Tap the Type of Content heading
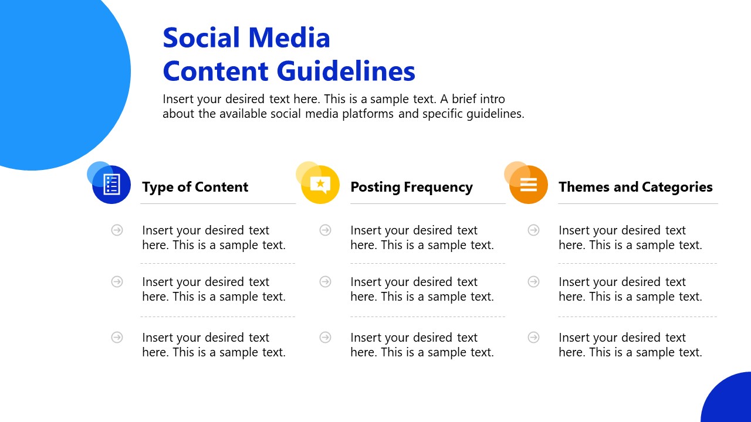coord(195,187)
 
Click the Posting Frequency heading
coord(411,187)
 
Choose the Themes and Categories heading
coord(635,187)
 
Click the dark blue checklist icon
coord(112,185)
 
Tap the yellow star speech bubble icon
coord(320,185)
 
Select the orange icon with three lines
coord(529,185)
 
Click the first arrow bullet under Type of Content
coord(117,230)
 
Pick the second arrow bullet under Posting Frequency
coord(326,282)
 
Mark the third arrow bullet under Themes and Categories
coord(534,338)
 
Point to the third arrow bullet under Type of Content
coord(117,338)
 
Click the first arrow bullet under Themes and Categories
coord(534,230)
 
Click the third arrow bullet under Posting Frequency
coord(326,338)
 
